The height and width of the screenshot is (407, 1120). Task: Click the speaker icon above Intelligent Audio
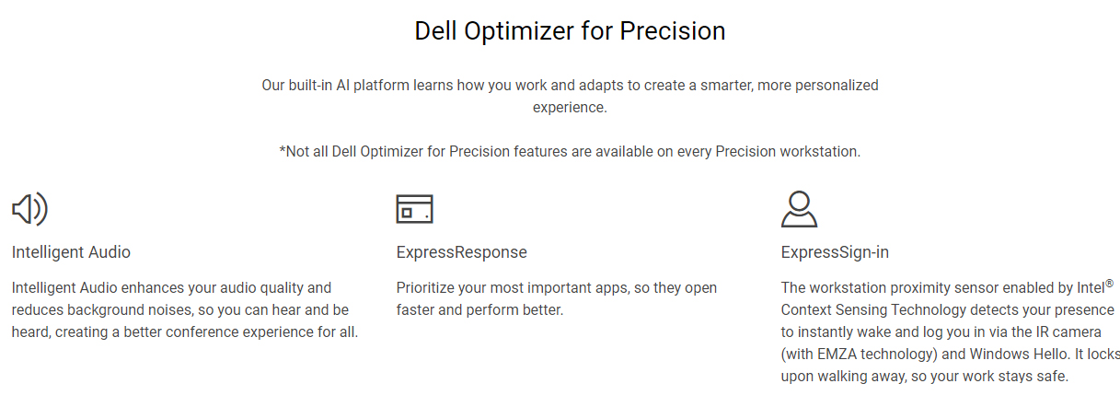click(x=29, y=209)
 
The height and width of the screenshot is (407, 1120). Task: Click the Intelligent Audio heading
click(x=71, y=252)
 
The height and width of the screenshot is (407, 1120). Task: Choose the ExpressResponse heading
click(x=461, y=252)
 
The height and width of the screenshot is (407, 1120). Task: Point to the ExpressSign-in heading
click(x=835, y=252)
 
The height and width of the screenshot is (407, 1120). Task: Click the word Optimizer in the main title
click(x=519, y=31)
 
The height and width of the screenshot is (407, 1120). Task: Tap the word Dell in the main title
click(x=435, y=31)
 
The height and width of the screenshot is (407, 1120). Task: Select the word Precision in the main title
click(x=673, y=31)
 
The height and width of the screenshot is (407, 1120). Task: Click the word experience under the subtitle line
click(x=570, y=108)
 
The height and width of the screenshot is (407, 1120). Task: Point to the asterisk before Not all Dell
click(x=282, y=149)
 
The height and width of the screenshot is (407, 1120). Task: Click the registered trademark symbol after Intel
click(x=1110, y=284)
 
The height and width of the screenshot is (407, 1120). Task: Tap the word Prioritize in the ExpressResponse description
click(x=425, y=288)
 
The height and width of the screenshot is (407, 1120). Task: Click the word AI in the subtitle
click(x=342, y=86)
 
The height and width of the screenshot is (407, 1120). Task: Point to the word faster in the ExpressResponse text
click(x=414, y=310)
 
